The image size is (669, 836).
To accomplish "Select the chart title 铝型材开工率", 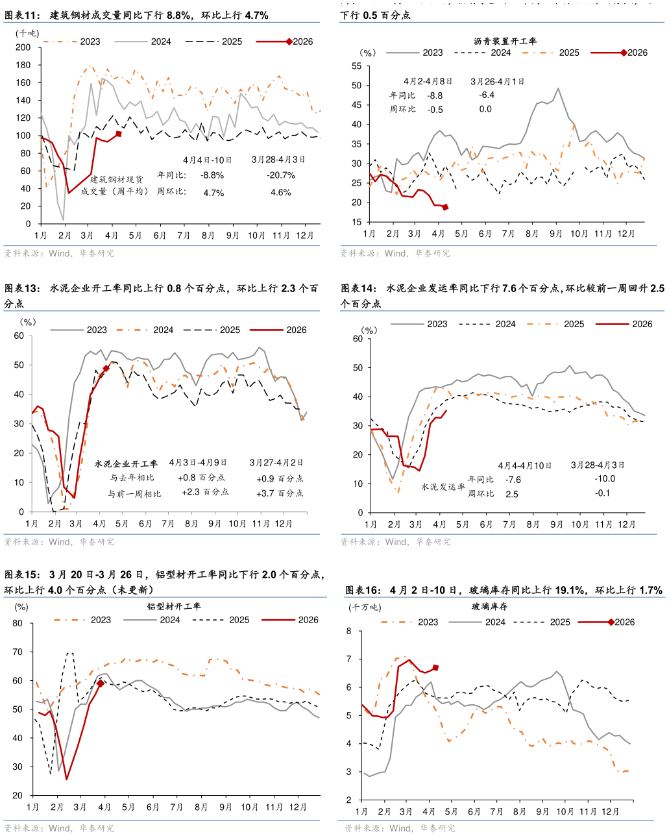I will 174,607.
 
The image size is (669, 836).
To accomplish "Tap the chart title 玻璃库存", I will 490,607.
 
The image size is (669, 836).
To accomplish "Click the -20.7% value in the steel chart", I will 280,175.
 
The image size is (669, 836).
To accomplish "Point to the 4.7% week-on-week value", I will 213,193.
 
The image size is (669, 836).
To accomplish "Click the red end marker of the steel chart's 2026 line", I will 119,134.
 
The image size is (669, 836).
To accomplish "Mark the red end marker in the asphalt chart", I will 445,208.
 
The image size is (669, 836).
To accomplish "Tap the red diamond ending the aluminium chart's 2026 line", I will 101,683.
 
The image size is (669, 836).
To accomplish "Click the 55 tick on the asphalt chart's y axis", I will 356,66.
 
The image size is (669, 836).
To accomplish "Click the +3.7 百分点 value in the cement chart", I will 280,493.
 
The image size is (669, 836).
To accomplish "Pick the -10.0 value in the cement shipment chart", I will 604,479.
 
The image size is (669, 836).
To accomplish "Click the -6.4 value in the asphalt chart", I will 487,95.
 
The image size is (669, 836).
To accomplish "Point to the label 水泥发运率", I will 443,487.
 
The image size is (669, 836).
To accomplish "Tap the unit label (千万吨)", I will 365,608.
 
